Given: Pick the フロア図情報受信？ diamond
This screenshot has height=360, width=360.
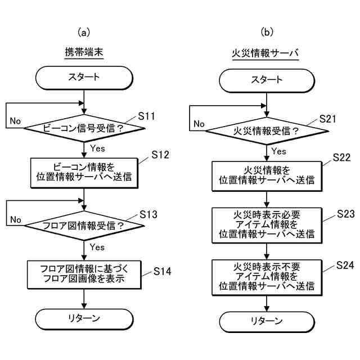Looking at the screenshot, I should [x=84, y=226].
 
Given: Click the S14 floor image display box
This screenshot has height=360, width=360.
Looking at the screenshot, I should [x=84, y=273].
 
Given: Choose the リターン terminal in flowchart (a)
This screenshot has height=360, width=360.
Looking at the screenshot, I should [x=84, y=318].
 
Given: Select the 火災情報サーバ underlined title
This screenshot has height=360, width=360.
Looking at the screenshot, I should [x=265, y=53].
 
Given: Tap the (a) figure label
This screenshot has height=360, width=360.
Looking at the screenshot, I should [x=84, y=32].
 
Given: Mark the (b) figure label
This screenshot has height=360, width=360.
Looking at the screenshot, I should [x=266, y=32].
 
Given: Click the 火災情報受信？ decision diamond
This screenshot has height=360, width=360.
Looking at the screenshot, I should [x=266, y=132].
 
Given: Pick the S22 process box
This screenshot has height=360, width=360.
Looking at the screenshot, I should [x=266, y=175].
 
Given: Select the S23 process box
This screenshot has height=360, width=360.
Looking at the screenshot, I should [x=266, y=224].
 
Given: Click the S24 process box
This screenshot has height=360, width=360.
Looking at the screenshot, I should [x=266, y=276].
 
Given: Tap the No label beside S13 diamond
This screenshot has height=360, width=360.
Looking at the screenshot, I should [x=15, y=219].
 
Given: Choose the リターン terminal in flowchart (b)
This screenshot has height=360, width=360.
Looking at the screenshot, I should [x=266, y=321].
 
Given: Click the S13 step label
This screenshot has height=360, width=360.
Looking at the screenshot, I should [x=147, y=215].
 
